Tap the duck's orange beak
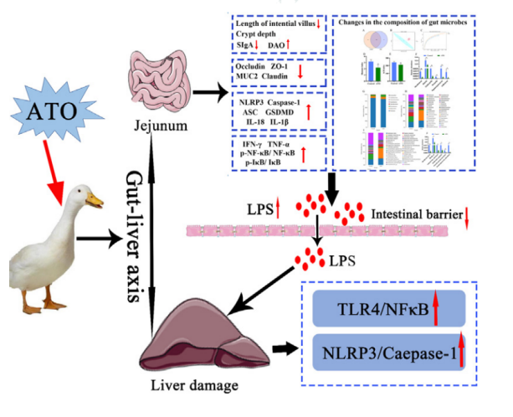pyautogui.click(x=98, y=199)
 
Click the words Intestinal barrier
pyautogui.click(x=414, y=215)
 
